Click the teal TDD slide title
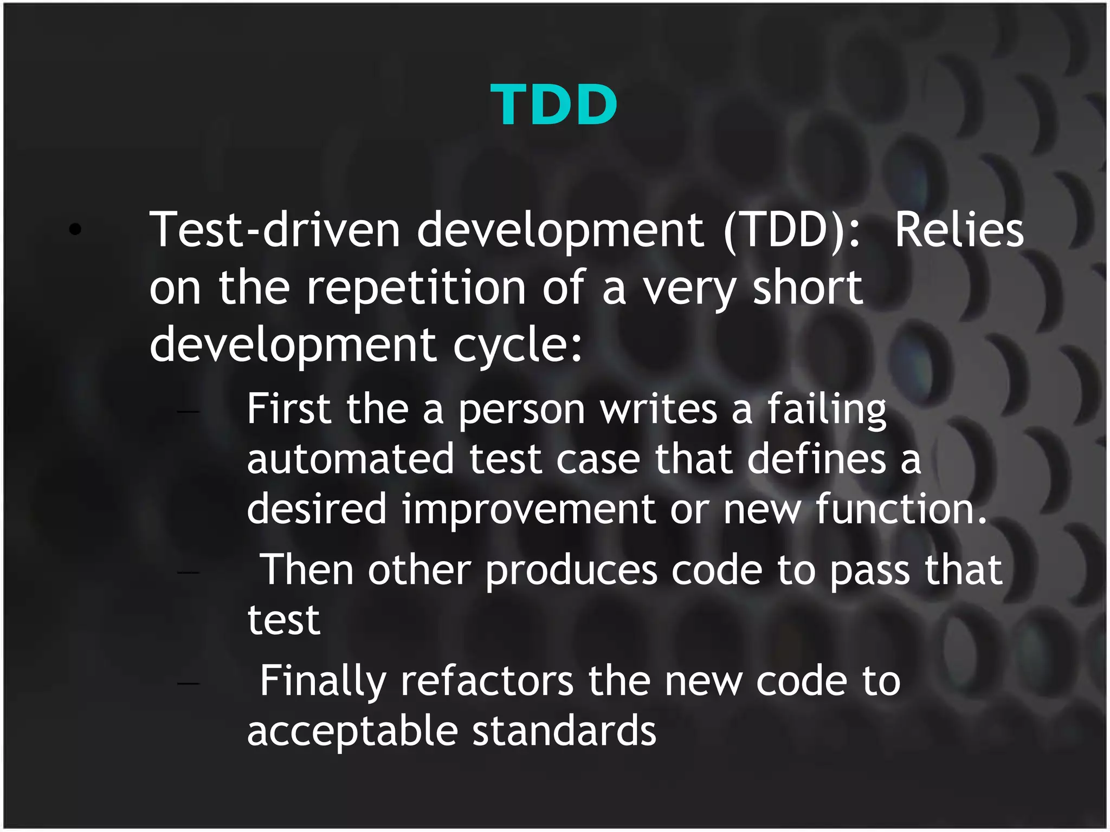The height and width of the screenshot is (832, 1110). (x=553, y=105)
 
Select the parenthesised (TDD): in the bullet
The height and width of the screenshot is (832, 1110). (x=792, y=230)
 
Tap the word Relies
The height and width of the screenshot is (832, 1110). (x=959, y=230)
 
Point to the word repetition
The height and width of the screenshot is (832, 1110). (x=416, y=288)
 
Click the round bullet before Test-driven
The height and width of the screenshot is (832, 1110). (x=75, y=230)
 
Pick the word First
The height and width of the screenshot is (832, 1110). (x=288, y=408)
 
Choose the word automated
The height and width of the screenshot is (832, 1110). (x=350, y=459)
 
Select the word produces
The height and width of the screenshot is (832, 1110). (x=571, y=571)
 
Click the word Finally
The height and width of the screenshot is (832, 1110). (x=323, y=681)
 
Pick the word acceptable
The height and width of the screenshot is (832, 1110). (x=352, y=731)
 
